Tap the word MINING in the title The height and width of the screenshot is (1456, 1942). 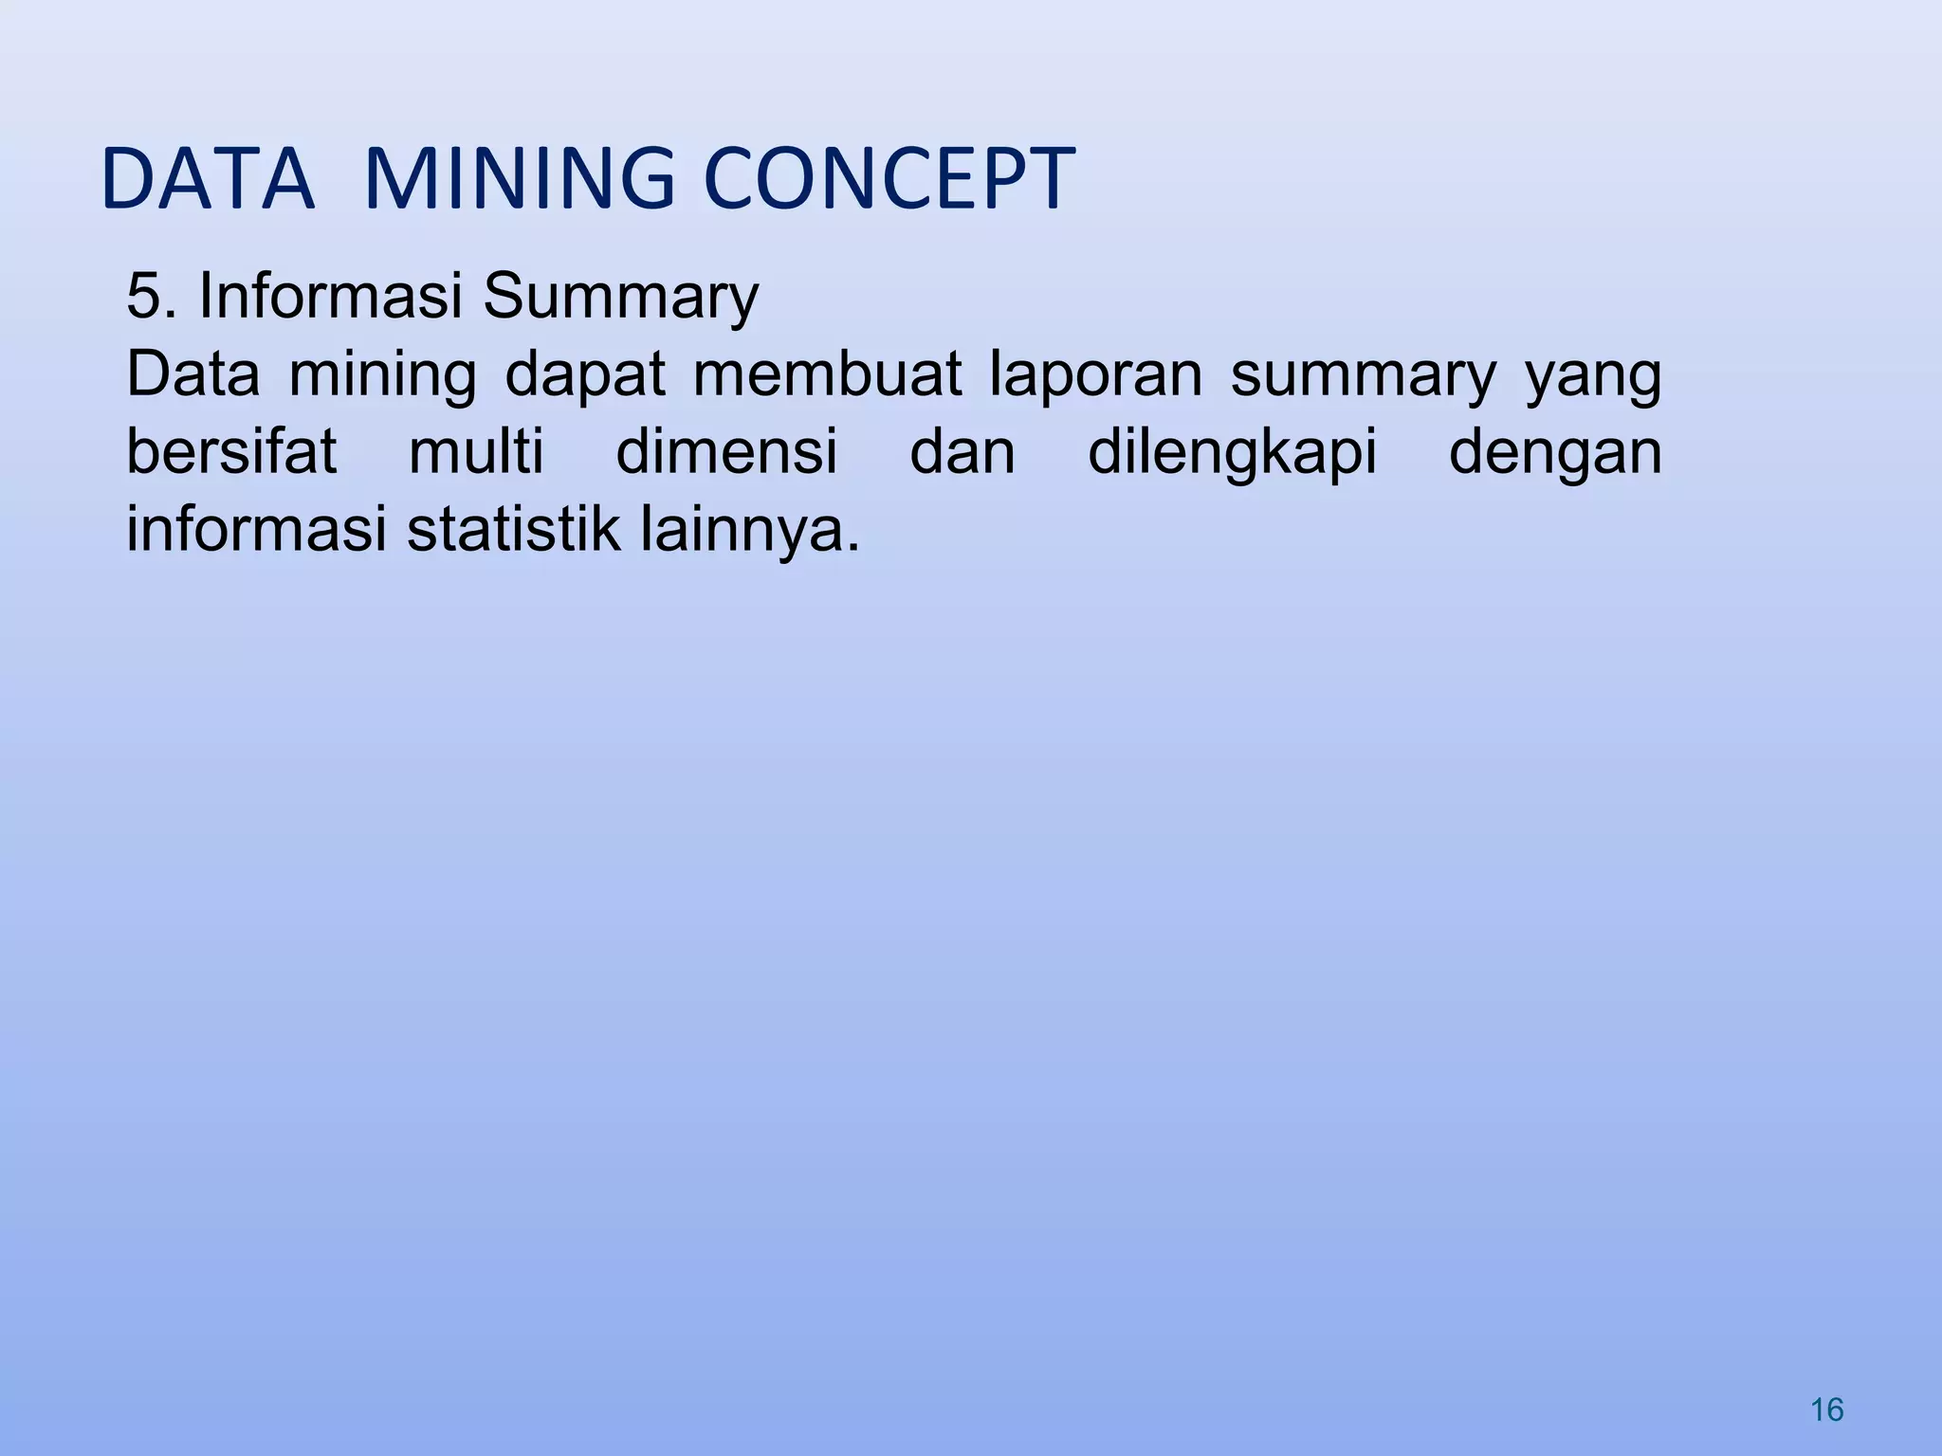(x=519, y=178)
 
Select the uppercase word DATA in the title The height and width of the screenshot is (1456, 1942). (x=207, y=178)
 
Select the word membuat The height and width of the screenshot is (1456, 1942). (x=827, y=373)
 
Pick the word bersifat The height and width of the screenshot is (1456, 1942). (x=231, y=451)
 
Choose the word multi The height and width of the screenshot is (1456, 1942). (x=476, y=451)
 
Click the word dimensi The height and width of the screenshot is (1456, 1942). (x=726, y=451)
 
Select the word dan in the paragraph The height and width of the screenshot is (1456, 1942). (x=962, y=451)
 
